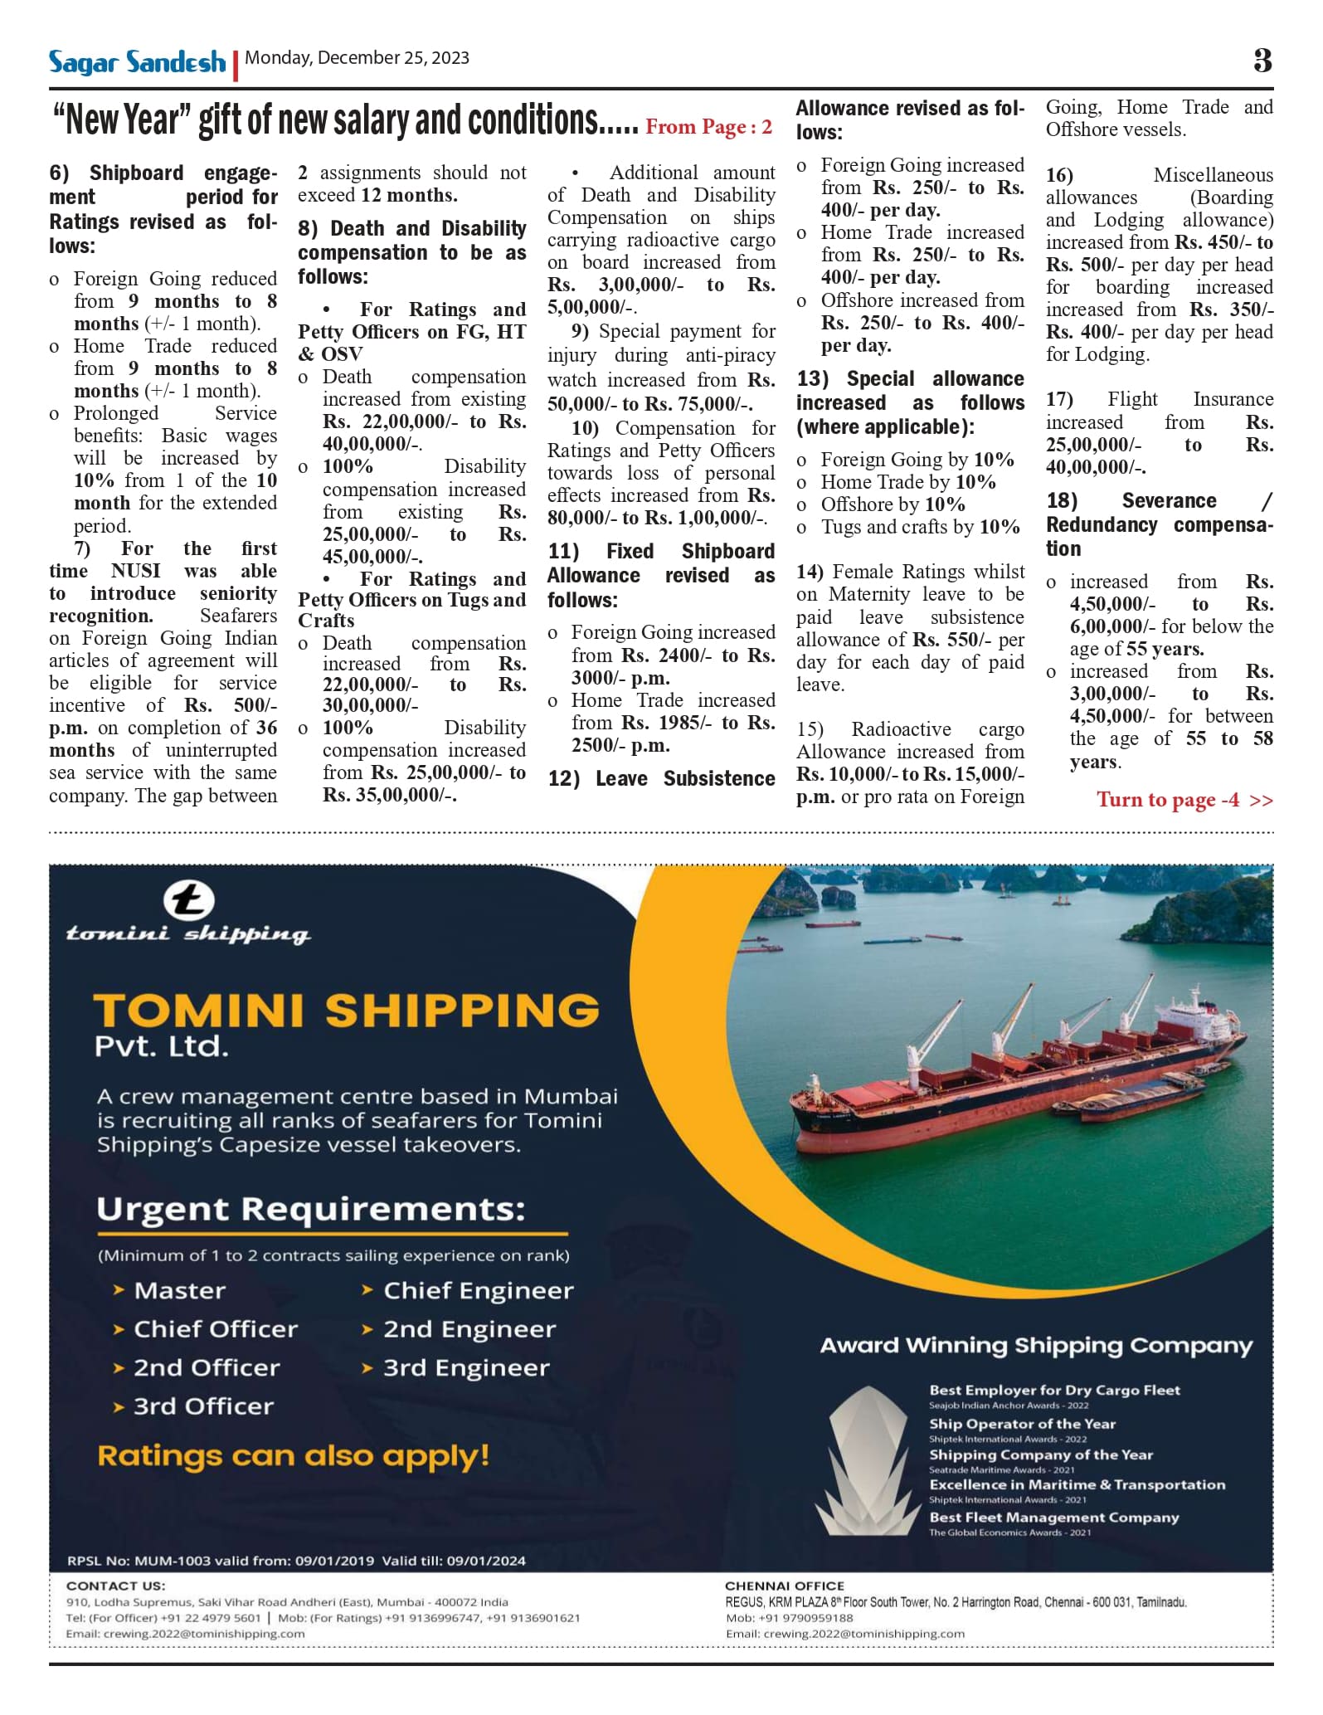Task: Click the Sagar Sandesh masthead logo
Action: (137, 61)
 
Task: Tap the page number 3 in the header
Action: (1262, 61)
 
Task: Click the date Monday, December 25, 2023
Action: (357, 58)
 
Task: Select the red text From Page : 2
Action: (708, 127)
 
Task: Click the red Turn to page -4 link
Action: (1184, 800)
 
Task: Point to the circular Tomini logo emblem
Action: (189, 901)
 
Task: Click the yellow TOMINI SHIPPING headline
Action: (346, 1011)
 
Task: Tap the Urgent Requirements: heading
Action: (311, 1209)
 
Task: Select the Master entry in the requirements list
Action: (179, 1291)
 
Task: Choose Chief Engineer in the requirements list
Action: (478, 1291)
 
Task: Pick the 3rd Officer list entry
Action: (203, 1406)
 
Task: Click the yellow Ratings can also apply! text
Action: (293, 1456)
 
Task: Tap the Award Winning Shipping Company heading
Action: (1036, 1345)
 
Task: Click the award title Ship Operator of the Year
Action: (1022, 1424)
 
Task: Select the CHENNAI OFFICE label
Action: (784, 1586)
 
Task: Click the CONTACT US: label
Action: (115, 1586)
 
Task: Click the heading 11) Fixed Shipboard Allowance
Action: (661, 563)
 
